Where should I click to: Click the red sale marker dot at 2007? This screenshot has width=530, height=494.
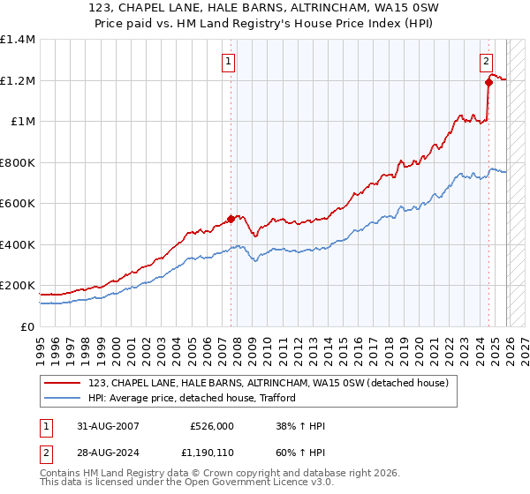[x=231, y=218]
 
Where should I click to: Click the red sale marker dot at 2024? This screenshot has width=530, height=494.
[x=488, y=83]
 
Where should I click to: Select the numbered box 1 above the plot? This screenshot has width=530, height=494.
[x=229, y=61]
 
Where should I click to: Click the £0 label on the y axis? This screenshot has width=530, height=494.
[x=27, y=326]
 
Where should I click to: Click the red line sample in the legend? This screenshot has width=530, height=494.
[x=63, y=383]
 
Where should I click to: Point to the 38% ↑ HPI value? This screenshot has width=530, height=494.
[x=300, y=426]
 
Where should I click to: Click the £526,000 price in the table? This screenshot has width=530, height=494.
[x=212, y=426]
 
